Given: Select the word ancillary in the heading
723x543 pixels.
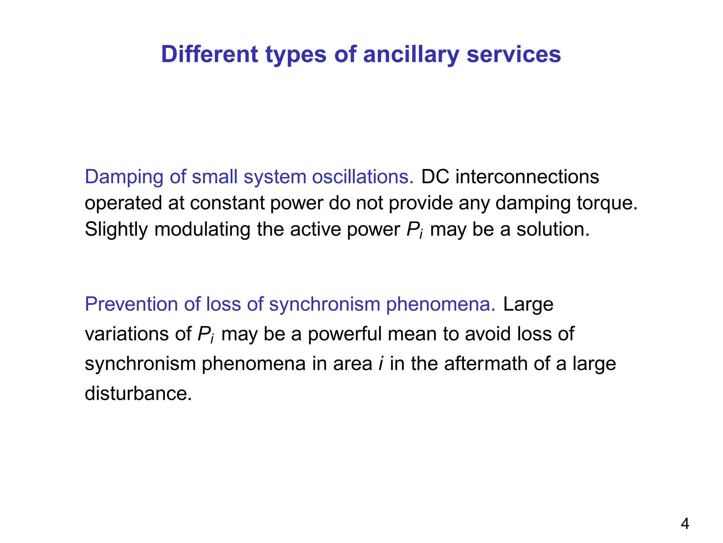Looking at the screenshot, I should [x=411, y=55].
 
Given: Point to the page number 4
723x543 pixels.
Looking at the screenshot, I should [x=685, y=524].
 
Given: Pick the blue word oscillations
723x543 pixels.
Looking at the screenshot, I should [x=363, y=176].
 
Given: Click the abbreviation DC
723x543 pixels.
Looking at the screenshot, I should [x=435, y=176].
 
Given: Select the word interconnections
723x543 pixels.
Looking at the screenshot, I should [x=527, y=176].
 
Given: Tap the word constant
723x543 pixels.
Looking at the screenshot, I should [x=227, y=203].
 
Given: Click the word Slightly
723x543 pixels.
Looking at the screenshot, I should [x=116, y=230].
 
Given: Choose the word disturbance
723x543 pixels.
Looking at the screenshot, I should [x=138, y=393].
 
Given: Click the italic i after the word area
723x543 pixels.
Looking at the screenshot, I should [x=381, y=363].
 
